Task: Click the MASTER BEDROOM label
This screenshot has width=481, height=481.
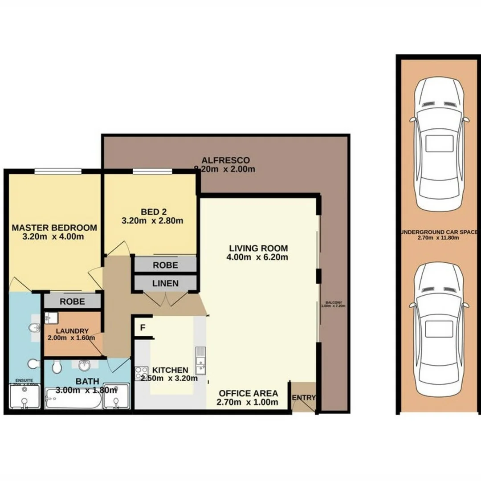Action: pyautogui.click(x=54, y=228)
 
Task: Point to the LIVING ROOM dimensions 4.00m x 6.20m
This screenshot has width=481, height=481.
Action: pyautogui.click(x=258, y=257)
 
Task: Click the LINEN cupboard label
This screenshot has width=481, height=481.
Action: pyautogui.click(x=165, y=283)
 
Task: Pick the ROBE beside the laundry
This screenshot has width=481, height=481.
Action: pyautogui.click(x=72, y=301)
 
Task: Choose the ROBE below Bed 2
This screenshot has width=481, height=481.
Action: pyautogui.click(x=165, y=265)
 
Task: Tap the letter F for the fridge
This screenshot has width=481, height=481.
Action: pyautogui.click(x=143, y=328)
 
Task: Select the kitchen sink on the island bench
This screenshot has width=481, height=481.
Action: pyautogui.click(x=200, y=360)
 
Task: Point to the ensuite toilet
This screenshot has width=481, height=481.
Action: pyautogui.click(x=33, y=364)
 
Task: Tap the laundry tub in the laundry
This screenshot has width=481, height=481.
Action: pyautogui.click(x=49, y=317)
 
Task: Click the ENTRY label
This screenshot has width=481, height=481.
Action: pyautogui.click(x=304, y=397)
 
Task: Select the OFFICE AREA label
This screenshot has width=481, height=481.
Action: pyautogui.click(x=248, y=393)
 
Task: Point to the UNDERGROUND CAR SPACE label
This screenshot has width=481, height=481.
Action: pyautogui.click(x=439, y=232)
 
